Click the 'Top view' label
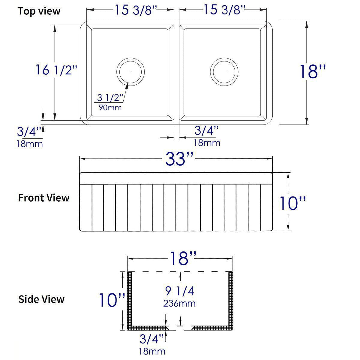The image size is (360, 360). click(39, 11)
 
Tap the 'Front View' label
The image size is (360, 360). click(44, 198)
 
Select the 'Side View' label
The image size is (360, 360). click(41, 299)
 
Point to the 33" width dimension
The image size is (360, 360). click(179, 159)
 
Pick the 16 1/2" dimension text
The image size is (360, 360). click(56, 70)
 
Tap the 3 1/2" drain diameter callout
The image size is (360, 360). click(110, 97)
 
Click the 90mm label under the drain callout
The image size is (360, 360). click(110, 108)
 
